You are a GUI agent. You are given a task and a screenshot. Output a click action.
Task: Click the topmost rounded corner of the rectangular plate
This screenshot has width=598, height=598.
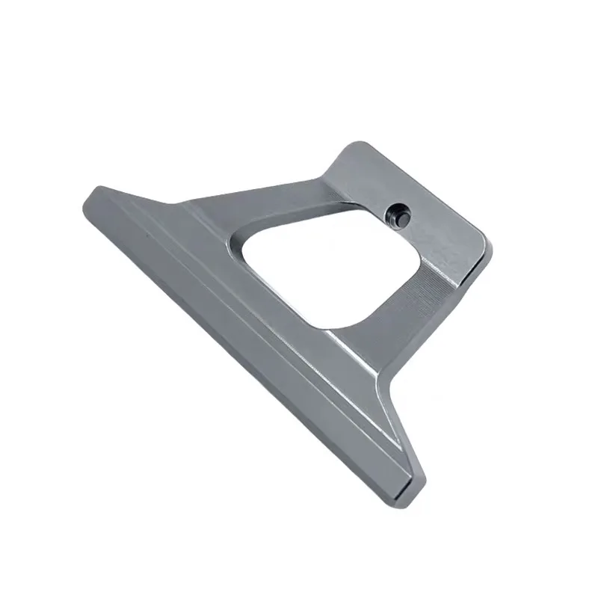356,145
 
